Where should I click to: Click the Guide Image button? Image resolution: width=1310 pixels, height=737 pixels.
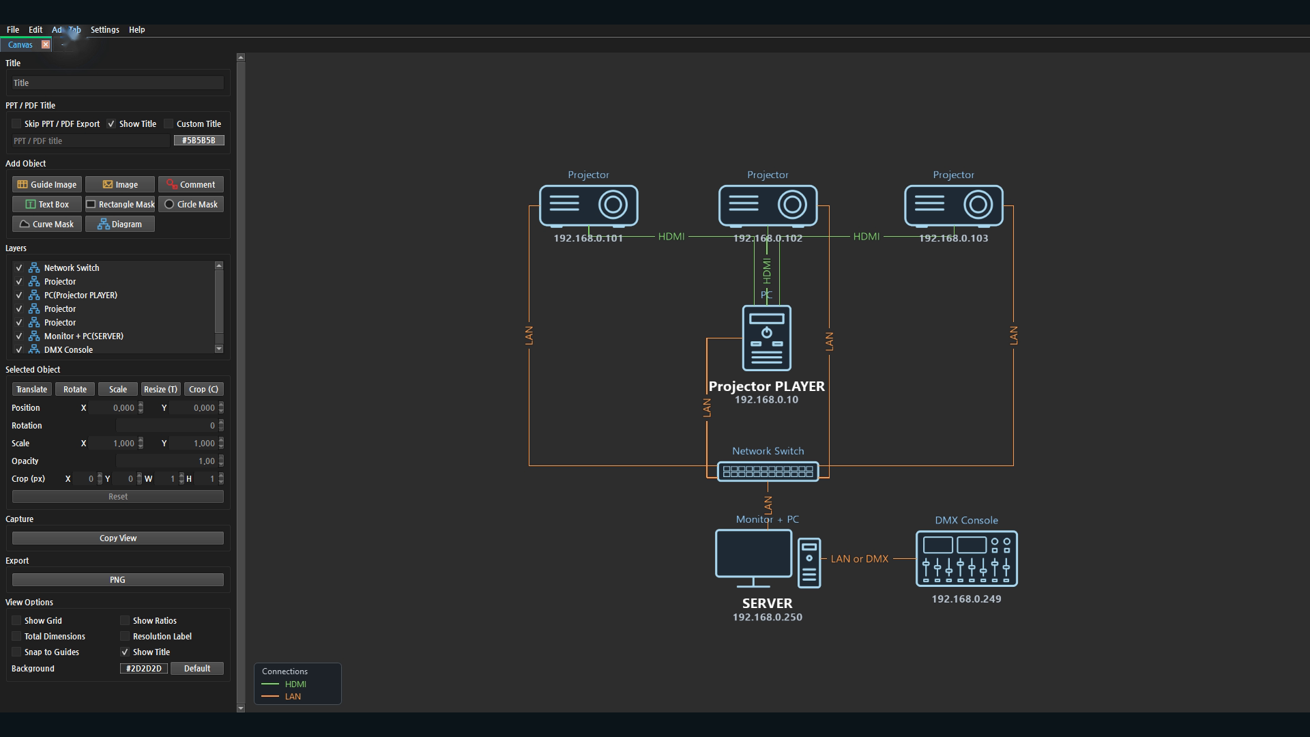point(47,184)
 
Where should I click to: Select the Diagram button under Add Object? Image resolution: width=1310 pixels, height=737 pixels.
point(120,224)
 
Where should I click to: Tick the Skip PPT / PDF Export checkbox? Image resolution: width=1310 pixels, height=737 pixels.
point(16,124)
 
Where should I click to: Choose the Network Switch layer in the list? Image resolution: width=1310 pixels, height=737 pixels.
point(72,268)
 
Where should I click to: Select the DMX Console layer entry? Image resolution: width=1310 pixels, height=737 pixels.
point(68,349)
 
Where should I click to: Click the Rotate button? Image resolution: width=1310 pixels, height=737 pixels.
point(75,389)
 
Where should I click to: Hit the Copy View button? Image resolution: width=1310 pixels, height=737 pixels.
point(118,538)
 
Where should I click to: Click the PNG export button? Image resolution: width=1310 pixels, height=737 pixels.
point(118,579)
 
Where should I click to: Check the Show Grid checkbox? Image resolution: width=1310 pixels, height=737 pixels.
point(16,620)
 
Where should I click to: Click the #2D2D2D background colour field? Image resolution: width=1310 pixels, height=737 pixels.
point(144,668)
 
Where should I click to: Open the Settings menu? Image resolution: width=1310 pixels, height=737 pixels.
point(104,29)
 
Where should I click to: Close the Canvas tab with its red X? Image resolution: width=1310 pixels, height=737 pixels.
point(46,44)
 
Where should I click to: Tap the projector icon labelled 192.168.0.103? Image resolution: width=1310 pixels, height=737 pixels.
point(953,205)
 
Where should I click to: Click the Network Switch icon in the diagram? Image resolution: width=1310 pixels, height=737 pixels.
point(768,471)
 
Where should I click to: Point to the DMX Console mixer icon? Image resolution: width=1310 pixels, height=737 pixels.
point(966,558)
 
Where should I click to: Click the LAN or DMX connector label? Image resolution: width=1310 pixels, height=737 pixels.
point(859,558)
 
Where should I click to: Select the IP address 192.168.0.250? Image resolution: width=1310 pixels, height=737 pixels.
point(767,617)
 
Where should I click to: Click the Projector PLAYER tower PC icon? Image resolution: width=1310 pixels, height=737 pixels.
point(767,338)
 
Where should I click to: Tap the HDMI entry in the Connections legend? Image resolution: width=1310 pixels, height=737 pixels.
point(295,684)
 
